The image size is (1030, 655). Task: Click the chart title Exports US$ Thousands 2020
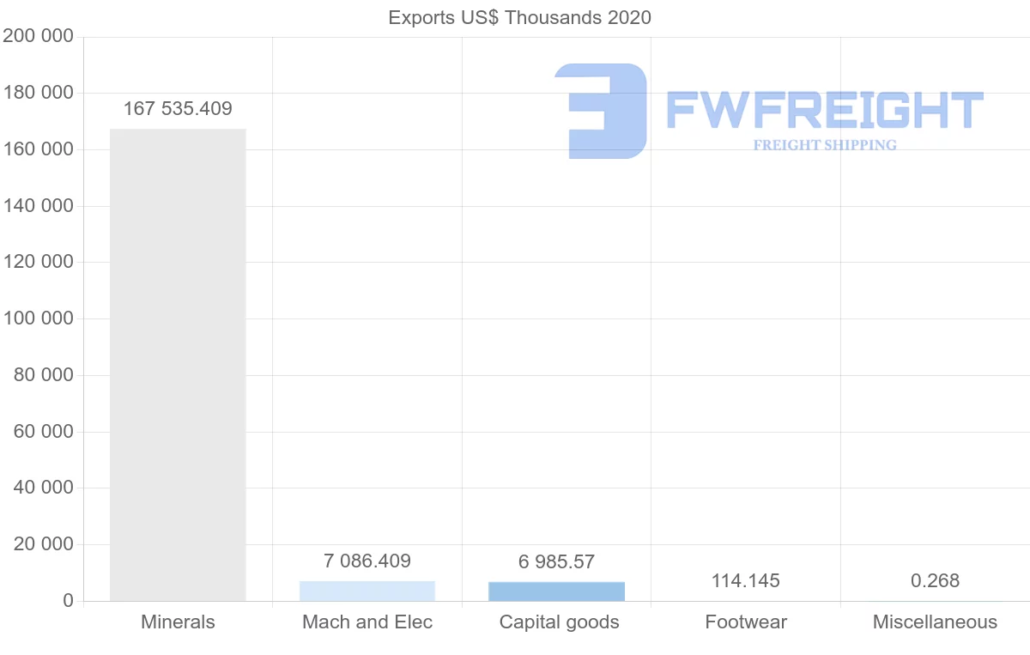[x=519, y=17]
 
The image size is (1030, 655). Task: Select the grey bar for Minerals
[x=178, y=365]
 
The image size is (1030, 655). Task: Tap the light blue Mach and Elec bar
[x=367, y=591]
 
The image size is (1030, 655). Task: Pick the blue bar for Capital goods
[x=556, y=591]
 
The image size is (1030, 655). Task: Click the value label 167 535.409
[x=178, y=109]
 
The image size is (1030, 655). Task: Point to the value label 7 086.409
[x=367, y=561]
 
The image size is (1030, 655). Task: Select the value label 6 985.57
[x=556, y=562]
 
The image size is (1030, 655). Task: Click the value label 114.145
[x=746, y=581]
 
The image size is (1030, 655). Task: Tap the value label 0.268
[x=935, y=581]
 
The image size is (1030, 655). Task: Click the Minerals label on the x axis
[x=178, y=622]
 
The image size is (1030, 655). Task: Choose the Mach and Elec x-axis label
[x=367, y=622]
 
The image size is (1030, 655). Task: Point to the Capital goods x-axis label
[x=559, y=622]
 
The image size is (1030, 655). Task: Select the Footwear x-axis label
[x=746, y=622]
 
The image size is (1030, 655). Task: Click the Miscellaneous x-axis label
[x=935, y=622]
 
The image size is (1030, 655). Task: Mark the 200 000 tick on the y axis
[x=38, y=37]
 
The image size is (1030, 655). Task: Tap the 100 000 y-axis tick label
[x=38, y=318]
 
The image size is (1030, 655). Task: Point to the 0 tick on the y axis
[x=67, y=601]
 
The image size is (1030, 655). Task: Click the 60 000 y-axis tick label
[x=44, y=432]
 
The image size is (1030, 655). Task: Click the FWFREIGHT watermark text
[x=824, y=111]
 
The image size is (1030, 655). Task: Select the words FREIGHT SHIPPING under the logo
[x=825, y=145]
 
